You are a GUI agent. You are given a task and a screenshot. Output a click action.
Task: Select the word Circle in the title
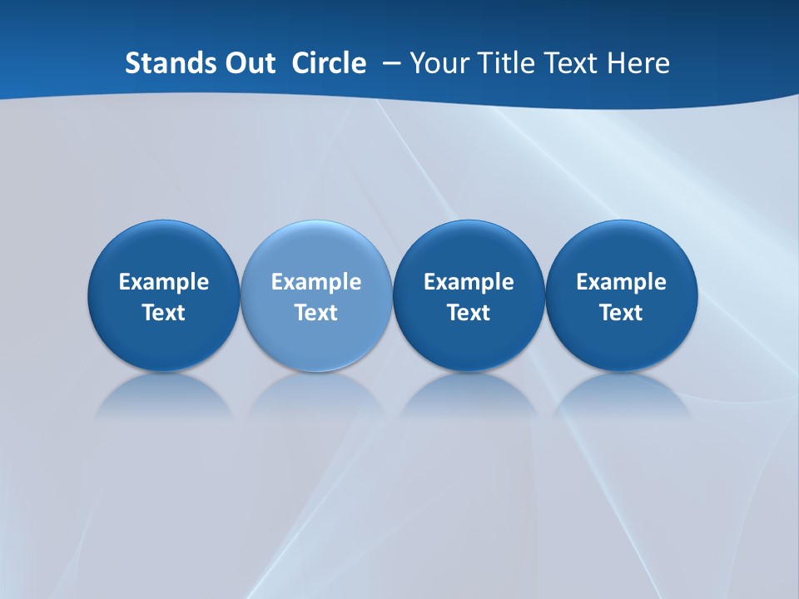coord(329,63)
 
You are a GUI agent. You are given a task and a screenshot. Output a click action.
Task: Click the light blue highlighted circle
coord(316,296)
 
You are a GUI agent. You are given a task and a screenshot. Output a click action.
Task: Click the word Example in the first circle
coord(163,282)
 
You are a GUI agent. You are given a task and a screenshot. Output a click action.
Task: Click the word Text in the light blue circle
coord(316,313)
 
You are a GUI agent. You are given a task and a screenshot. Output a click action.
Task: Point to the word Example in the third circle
coord(469,282)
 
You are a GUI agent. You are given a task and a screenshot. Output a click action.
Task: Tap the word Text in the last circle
coord(622,313)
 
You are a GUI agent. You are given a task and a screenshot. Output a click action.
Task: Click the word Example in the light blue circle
coord(316,282)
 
